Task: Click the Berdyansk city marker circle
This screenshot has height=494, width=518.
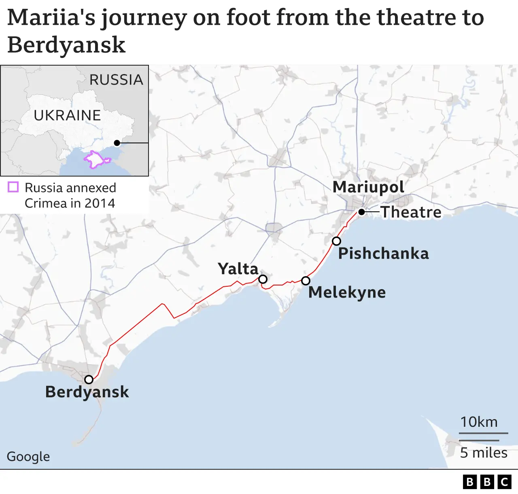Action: pyautogui.click(x=89, y=379)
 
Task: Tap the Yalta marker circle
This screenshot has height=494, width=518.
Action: pyautogui.click(x=263, y=279)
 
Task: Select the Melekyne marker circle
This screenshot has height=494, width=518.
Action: pyautogui.click(x=306, y=281)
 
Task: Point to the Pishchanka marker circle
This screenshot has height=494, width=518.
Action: pyautogui.click(x=336, y=241)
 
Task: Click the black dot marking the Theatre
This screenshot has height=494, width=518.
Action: pyautogui.click(x=361, y=212)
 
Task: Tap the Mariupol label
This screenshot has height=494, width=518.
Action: pyautogui.click(x=368, y=187)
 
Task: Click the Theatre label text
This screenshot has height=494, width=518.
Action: pyautogui.click(x=411, y=212)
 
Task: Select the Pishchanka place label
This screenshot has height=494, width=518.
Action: pyautogui.click(x=383, y=253)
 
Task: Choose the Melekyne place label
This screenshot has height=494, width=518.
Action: pyautogui.click(x=347, y=292)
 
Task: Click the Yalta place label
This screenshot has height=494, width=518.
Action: pyautogui.click(x=238, y=269)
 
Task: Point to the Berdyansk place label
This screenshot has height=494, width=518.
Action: pyautogui.click(x=87, y=392)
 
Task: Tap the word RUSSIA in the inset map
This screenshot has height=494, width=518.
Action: pyautogui.click(x=116, y=80)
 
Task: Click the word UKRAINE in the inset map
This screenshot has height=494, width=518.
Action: pyautogui.click(x=67, y=115)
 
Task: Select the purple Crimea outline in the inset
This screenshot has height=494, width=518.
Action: pyautogui.click(x=96, y=159)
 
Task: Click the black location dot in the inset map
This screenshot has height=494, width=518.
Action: pyautogui.click(x=117, y=143)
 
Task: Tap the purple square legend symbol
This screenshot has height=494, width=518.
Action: pyautogui.click(x=13, y=187)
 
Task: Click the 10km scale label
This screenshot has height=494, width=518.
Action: pyautogui.click(x=479, y=422)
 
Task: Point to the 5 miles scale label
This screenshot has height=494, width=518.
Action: pyautogui.click(x=484, y=453)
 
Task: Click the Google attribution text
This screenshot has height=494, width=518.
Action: pyautogui.click(x=28, y=456)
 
